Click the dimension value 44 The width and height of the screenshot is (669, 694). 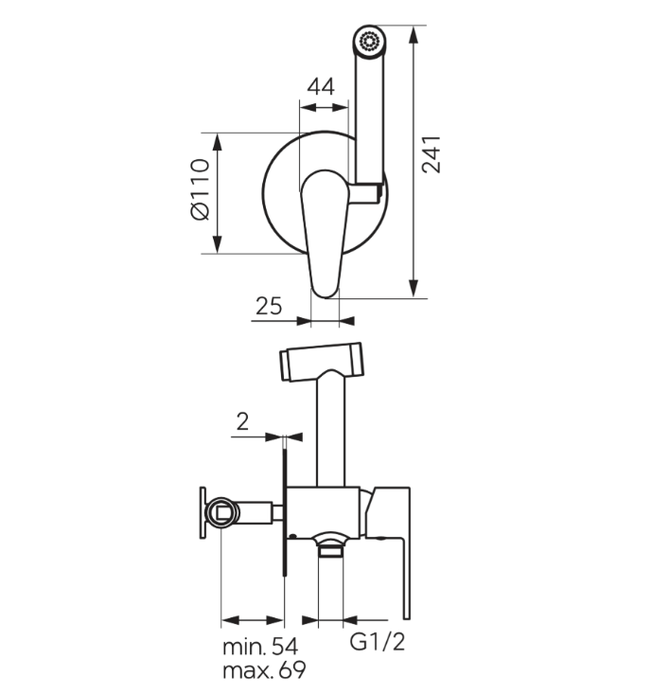[x=321, y=87]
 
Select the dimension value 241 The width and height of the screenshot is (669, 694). [x=431, y=154]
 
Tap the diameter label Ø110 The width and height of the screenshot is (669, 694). [x=200, y=189]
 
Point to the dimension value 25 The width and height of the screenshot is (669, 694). [x=269, y=306]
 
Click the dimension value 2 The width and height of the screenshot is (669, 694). [x=242, y=422]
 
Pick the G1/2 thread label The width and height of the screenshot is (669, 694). [x=378, y=641]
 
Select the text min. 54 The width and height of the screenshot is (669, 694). [x=260, y=647]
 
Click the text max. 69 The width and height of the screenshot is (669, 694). [x=264, y=670]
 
